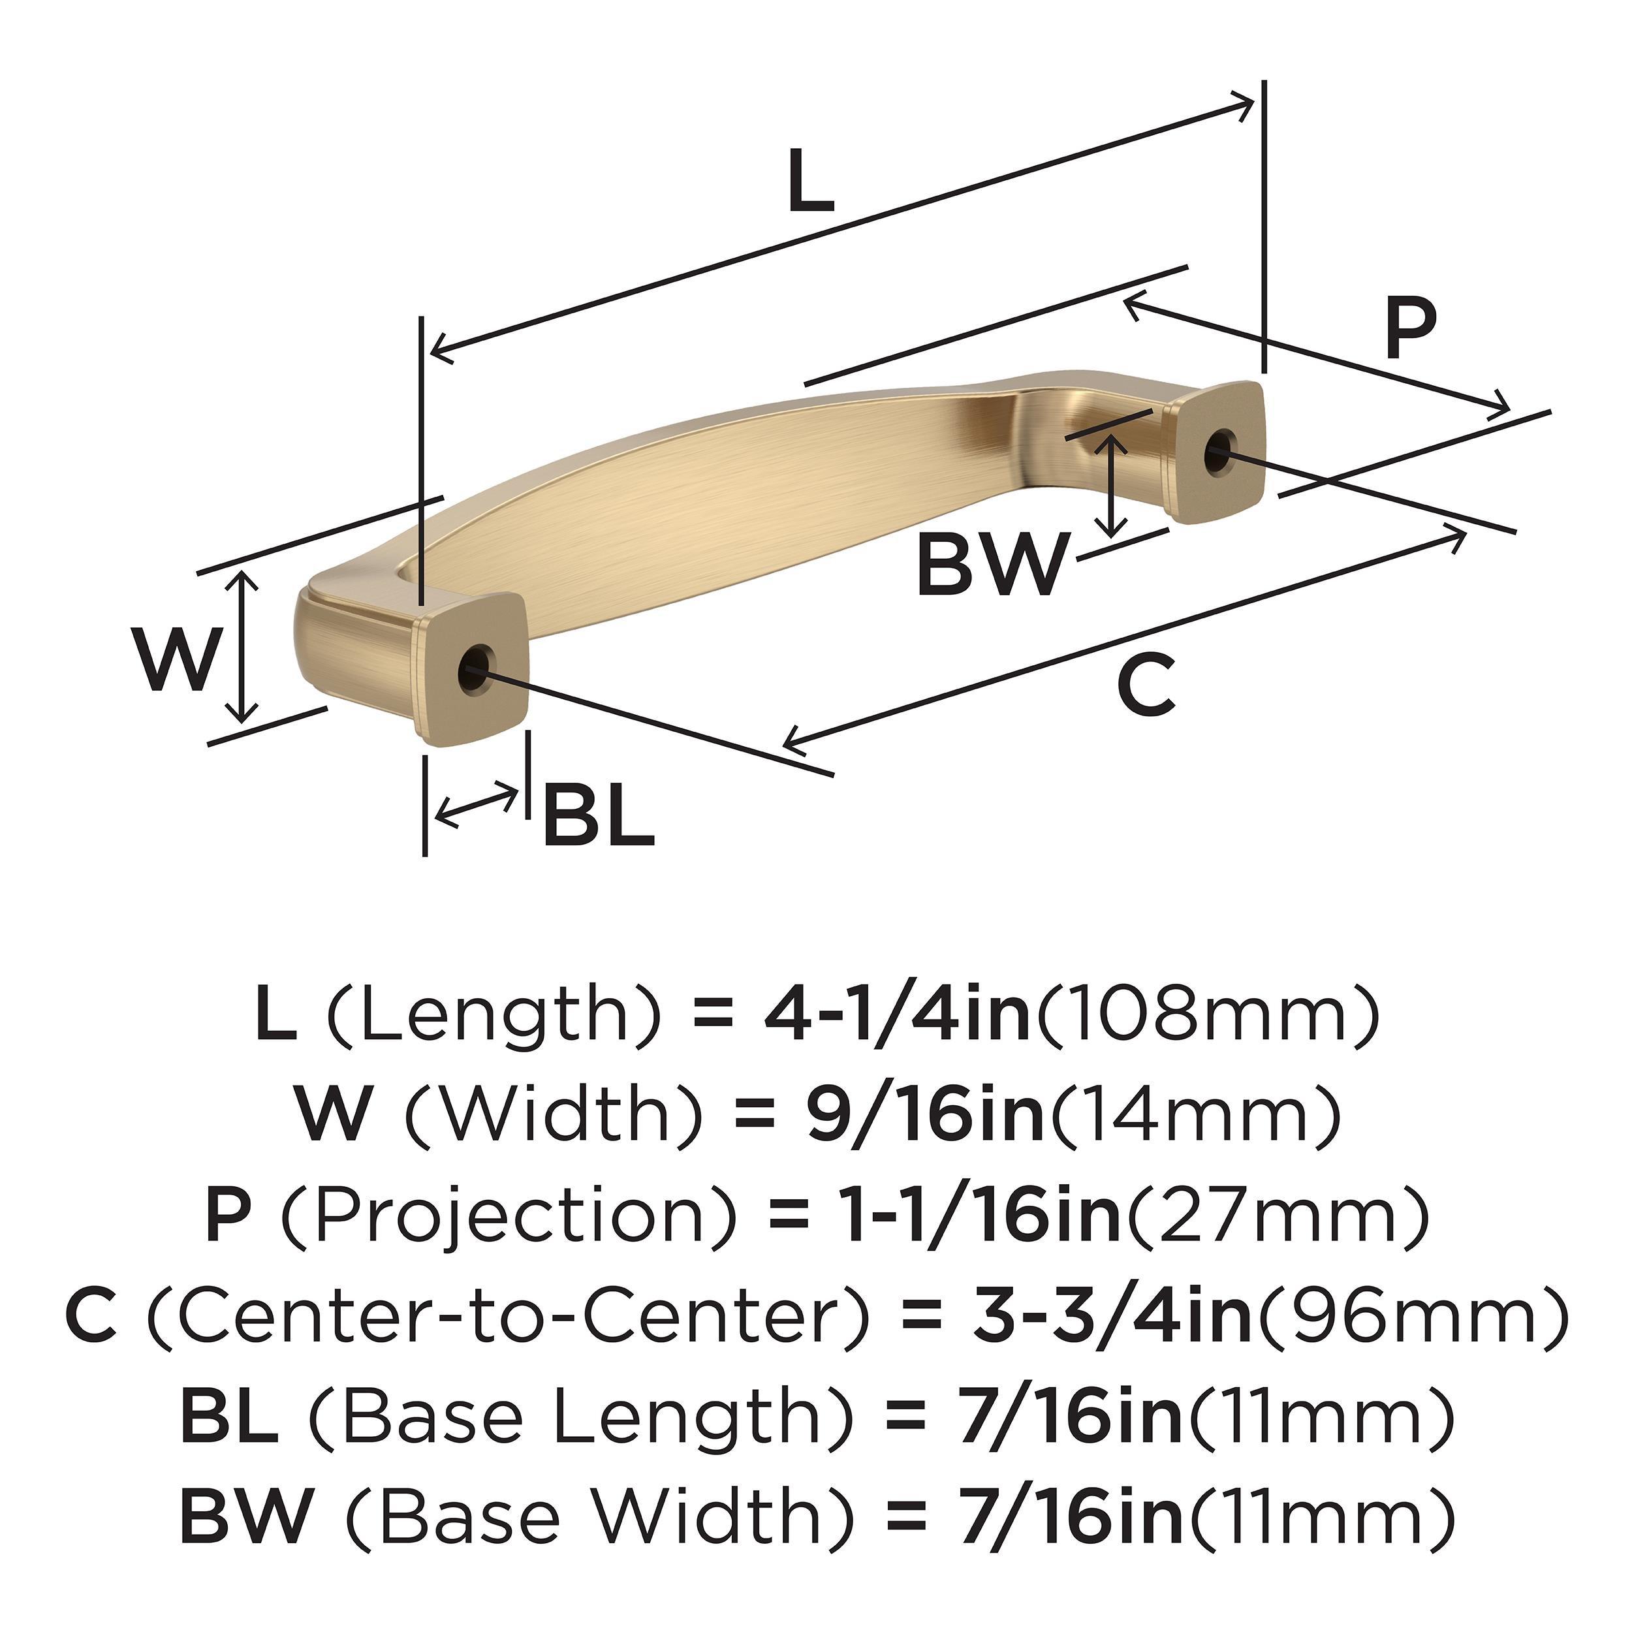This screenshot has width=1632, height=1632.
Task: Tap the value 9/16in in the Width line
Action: click(926, 1115)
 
